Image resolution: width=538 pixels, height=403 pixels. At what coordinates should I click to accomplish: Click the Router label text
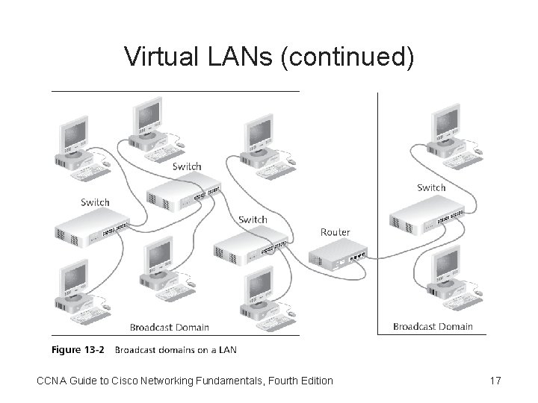335,232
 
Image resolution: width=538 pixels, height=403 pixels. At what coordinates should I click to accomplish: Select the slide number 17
495,381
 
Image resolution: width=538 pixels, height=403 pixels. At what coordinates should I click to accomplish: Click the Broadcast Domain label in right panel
433,326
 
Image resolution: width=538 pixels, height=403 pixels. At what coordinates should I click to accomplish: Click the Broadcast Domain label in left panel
170,327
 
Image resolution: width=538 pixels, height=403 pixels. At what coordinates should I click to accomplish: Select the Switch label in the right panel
431,187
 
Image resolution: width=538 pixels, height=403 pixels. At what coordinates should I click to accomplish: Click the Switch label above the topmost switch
186,166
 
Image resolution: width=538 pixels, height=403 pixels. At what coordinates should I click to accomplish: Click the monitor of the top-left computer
74,133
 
